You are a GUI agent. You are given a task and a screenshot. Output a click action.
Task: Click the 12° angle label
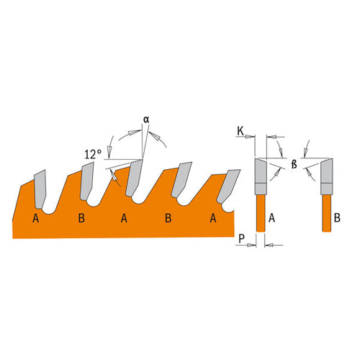pyautogui.click(x=93, y=154)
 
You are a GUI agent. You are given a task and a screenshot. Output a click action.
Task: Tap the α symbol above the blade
pyautogui.click(x=146, y=120)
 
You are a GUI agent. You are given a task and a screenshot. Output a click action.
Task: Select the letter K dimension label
pyautogui.click(x=240, y=131)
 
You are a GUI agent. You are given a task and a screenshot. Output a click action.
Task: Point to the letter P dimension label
pyautogui.click(x=241, y=238)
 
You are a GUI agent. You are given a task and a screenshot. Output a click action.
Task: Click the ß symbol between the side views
pyautogui.click(x=294, y=165)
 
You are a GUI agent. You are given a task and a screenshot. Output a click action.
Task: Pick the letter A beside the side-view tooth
pyautogui.click(x=271, y=218)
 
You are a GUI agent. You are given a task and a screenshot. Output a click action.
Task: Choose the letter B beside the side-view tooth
pyautogui.click(x=337, y=218)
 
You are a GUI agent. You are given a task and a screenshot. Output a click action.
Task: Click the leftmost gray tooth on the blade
pyautogui.click(x=40, y=189)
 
